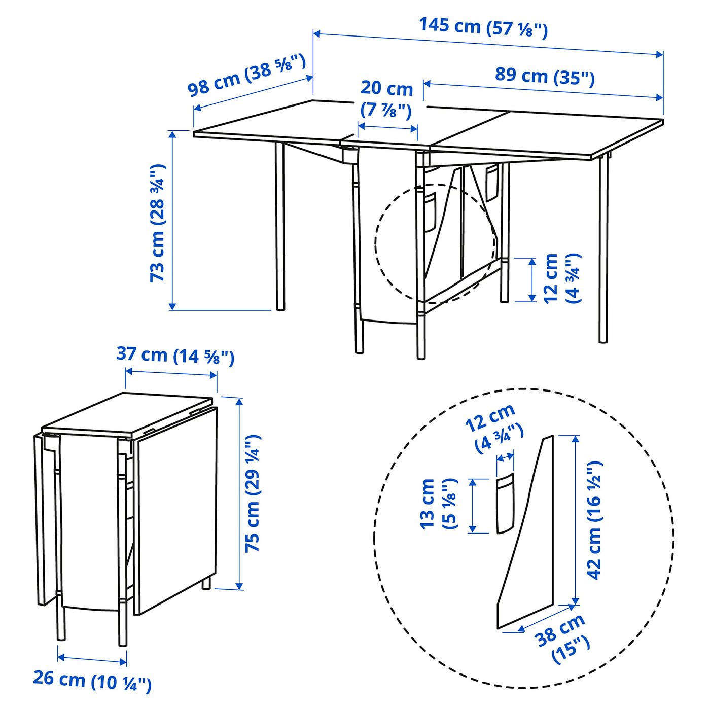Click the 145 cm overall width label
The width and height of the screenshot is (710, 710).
click(483, 27)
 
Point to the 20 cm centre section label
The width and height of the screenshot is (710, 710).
click(386, 98)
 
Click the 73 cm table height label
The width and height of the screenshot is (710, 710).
click(157, 223)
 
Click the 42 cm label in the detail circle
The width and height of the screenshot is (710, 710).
click(594, 520)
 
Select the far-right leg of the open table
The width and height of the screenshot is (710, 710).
click(603, 248)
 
